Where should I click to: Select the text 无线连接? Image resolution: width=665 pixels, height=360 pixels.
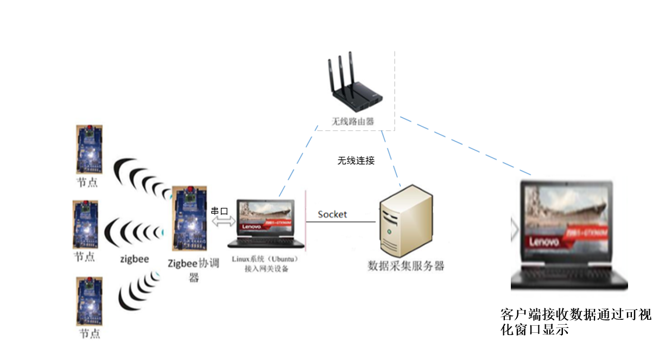(356, 161)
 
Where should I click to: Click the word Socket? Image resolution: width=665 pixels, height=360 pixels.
(332, 214)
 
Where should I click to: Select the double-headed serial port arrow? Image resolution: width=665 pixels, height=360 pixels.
(223, 222)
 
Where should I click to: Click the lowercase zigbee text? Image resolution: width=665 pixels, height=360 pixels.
(134, 259)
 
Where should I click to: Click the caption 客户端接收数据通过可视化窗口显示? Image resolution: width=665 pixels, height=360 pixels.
(575, 322)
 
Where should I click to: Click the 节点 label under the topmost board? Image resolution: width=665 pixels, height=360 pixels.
(87, 182)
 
